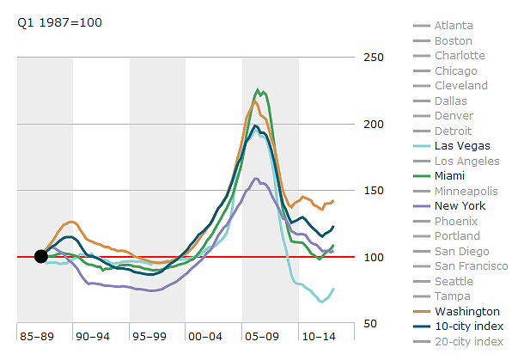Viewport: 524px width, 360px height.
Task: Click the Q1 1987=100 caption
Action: (60, 22)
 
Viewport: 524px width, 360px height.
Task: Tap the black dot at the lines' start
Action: (40, 256)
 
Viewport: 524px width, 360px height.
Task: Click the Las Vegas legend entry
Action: (462, 146)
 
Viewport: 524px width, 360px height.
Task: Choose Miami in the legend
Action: (450, 176)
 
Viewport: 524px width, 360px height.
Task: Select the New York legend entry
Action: (460, 206)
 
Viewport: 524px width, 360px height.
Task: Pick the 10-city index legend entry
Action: (468, 326)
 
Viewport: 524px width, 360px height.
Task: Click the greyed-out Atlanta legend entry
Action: (453, 26)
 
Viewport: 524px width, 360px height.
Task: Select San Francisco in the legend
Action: (468, 266)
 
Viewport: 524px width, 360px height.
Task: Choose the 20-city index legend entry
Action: (468, 341)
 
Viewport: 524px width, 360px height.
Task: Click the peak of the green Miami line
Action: (257, 89)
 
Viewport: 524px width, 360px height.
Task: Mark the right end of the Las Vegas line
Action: (333, 289)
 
